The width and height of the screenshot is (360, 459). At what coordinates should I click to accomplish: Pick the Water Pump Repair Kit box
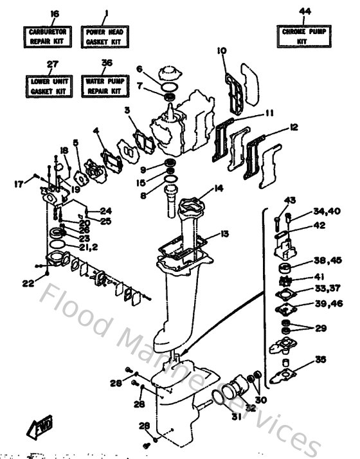coord(107,86)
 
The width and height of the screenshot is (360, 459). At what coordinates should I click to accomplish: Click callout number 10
coord(222,50)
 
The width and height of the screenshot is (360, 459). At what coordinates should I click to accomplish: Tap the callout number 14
coord(219,188)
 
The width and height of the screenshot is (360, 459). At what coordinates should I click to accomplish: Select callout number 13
coord(224,234)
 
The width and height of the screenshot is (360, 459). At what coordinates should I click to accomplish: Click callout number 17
coord(18,184)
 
